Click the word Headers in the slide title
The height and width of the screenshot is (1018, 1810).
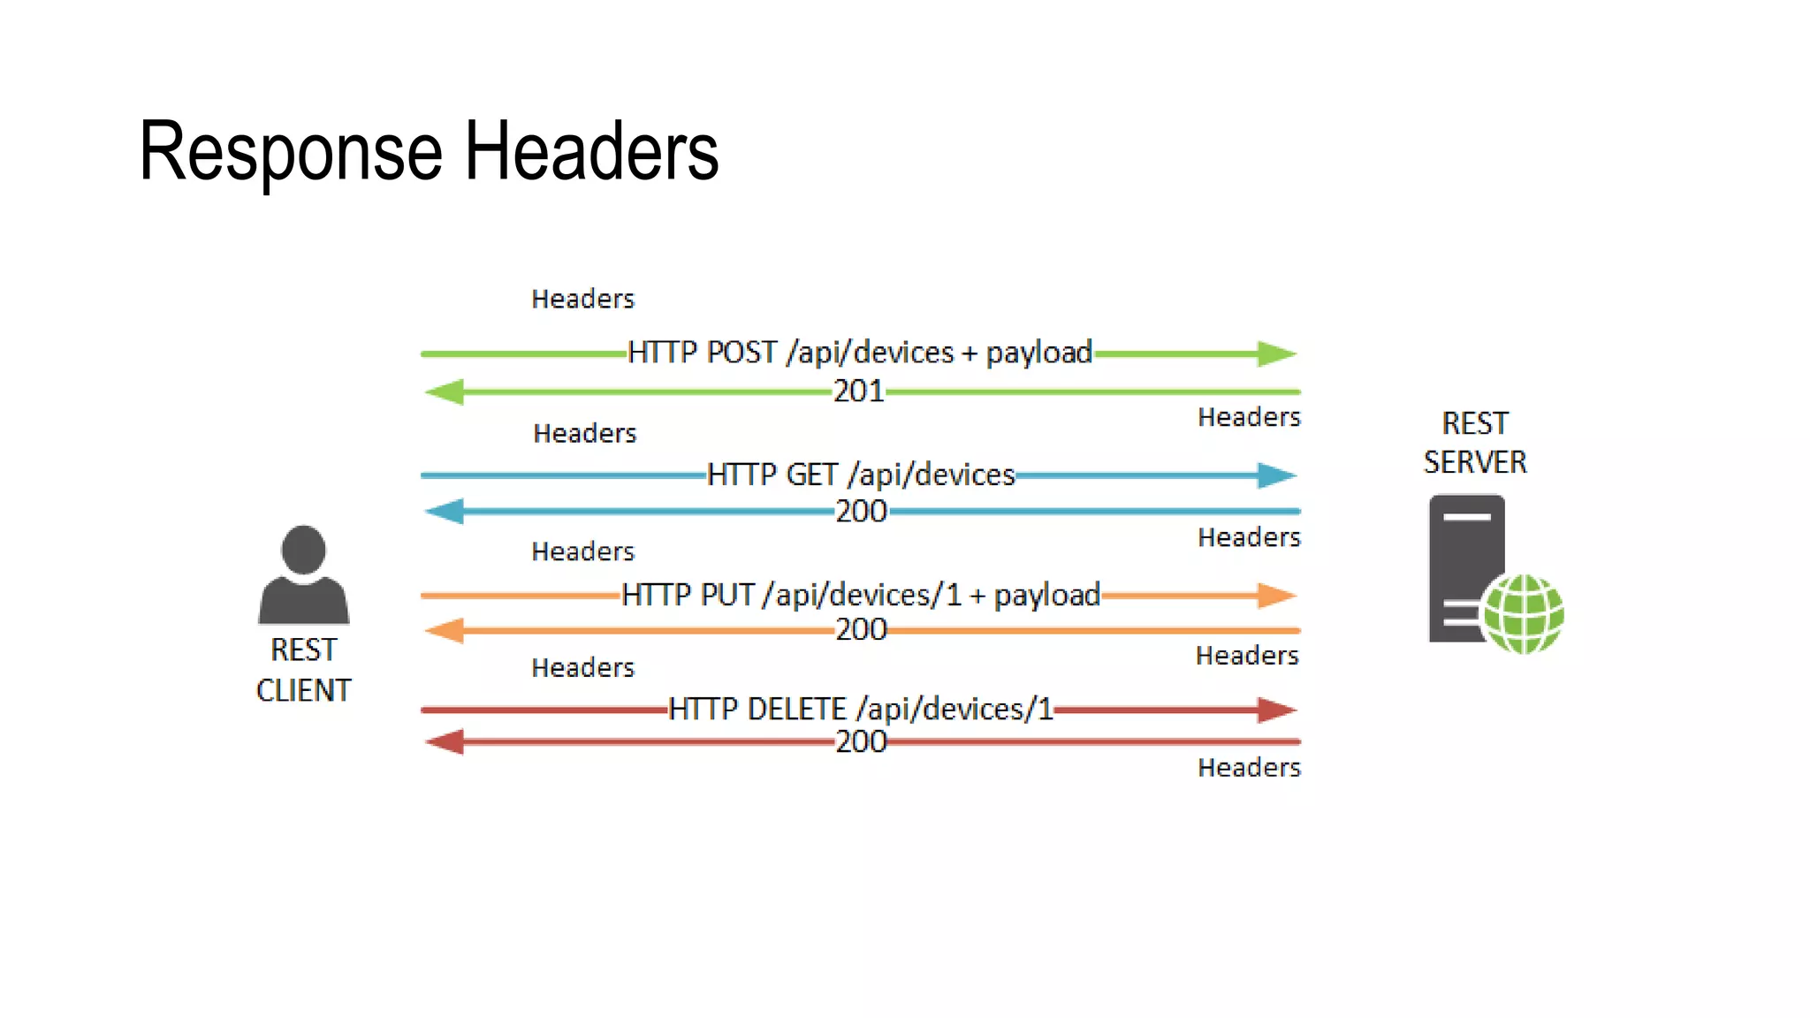(x=591, y=152)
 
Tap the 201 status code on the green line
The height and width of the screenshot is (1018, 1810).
(x=859, y=391)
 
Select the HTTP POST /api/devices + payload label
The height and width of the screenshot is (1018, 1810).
(x=860, y=353)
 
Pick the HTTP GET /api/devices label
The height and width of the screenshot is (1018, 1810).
(x=861, y=475)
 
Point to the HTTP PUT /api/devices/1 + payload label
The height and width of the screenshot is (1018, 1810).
(x=861, y=595)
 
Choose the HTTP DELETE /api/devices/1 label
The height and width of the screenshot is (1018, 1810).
(x=861, y=709)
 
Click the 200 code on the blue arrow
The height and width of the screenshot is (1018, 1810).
(x=861, y=511)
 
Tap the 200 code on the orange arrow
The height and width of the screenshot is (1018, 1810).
(x=861, y=629)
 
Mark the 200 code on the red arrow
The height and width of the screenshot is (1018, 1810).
(x=861, y=741)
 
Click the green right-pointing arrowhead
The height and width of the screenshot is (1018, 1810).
(x=1276, y=353)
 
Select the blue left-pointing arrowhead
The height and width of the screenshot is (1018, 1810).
(x=445, y=511)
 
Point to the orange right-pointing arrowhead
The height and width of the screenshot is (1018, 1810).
(x=1276, y=595)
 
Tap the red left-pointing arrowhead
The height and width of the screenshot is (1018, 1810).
(x=445, y=741)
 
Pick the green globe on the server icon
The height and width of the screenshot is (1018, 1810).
(x=1523, y=613)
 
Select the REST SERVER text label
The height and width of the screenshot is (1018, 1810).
(x=1475, y=443)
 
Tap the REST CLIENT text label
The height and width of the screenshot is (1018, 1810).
(x=303, y=670)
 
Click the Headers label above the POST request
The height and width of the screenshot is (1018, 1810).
(x=582, y=299)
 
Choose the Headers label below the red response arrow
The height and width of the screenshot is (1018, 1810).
(x=1249, y=767)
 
